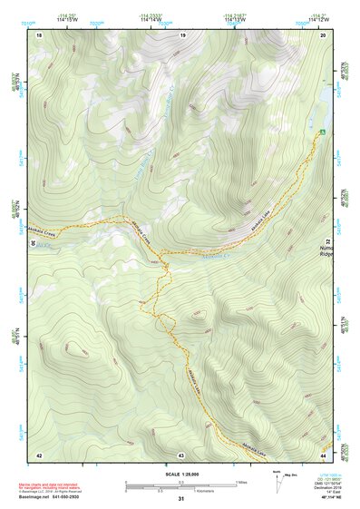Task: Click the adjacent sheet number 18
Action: click(39, 34)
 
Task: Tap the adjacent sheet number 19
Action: click(182, 34)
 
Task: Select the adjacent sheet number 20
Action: click(323, 34)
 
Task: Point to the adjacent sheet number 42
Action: click(39, 454)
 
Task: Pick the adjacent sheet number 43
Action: click(181, 454)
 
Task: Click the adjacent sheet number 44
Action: click(323, 454)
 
